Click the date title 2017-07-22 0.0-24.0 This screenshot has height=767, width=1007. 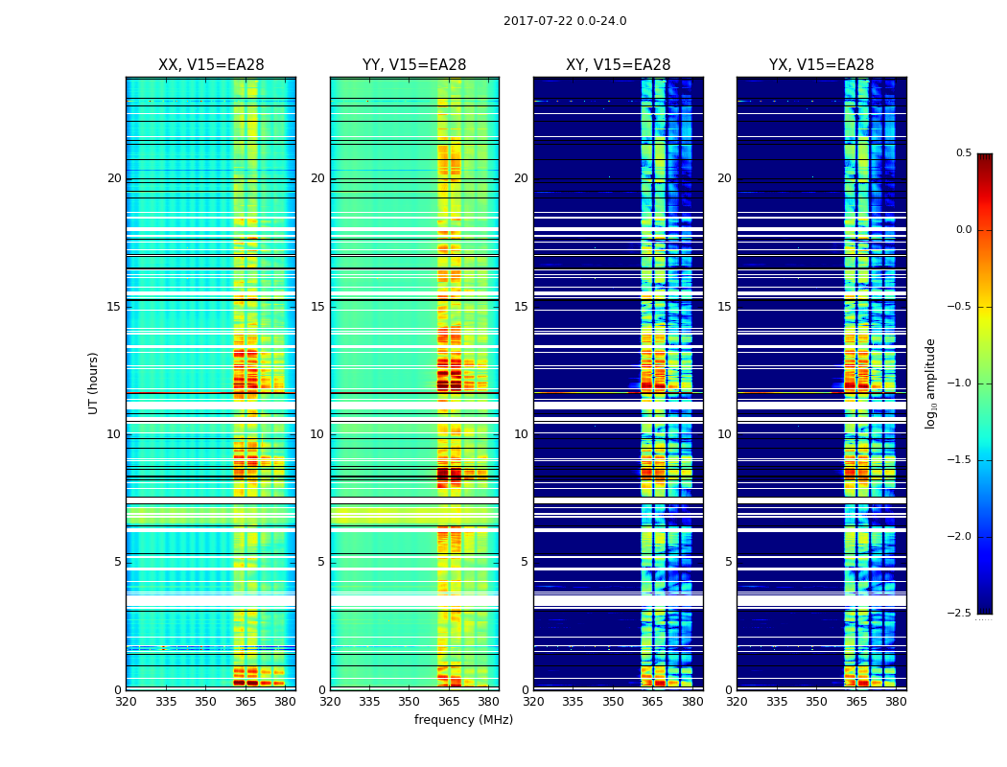tap(565, 21)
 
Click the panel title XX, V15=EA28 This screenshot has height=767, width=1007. tap(211, 65)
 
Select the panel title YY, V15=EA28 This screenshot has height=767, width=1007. tap(414, 65)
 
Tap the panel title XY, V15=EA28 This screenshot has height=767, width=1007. tap(619, 65)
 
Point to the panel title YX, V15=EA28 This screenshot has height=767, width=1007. tap(822, 65)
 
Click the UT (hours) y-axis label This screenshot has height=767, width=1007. tap(93, 383)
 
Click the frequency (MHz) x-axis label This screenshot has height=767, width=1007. tap(463, 720)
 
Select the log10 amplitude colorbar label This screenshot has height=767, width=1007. tap(929, 383)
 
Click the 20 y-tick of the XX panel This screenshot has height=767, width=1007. tap(114, 178)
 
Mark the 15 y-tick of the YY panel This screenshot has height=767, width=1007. tap(317, 307)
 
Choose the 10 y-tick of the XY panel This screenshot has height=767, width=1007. tap(521, 434)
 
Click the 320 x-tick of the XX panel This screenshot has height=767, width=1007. tap(127, 701)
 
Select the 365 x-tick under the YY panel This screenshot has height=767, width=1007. tap(449, 701)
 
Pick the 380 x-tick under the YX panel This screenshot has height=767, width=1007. tap(896, 701)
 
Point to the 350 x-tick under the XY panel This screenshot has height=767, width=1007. tap(613, 701)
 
